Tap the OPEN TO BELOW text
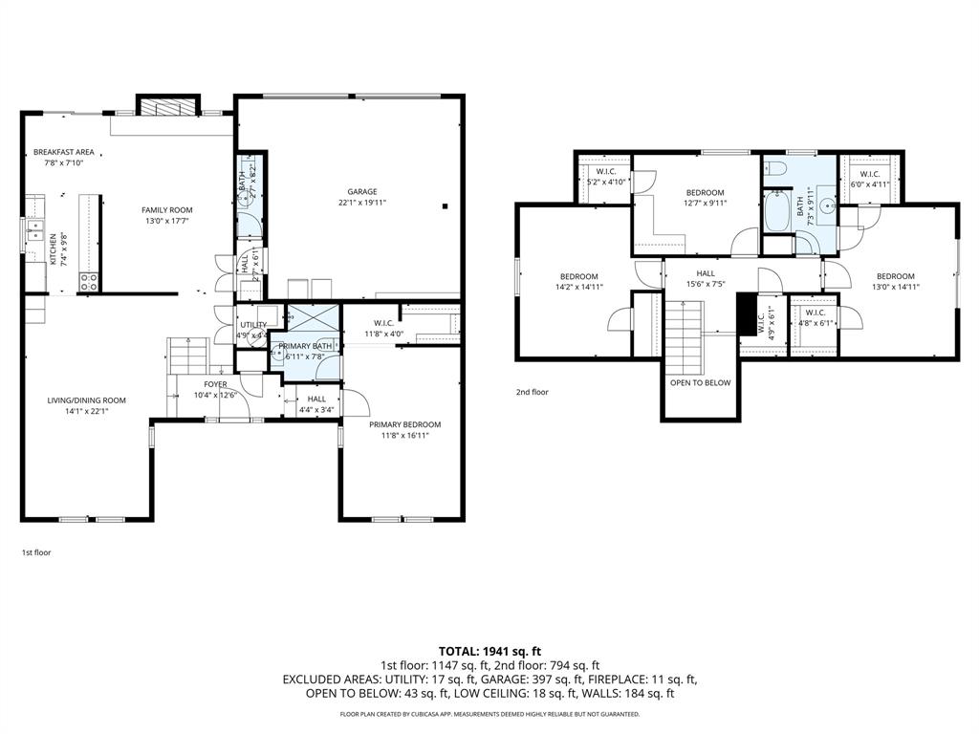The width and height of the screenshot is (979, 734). tap(701, 382)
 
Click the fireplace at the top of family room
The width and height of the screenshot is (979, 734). tap(168, 105)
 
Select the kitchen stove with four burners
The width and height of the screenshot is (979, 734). tap(90, 282)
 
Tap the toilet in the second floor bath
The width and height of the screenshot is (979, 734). tap(776, 170)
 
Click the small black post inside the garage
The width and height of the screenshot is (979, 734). tap(445, 205)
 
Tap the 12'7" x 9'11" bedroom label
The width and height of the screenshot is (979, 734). tap(705, 197)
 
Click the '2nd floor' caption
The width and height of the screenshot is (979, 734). tap(533, 392)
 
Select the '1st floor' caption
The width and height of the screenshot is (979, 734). tap(37, 552)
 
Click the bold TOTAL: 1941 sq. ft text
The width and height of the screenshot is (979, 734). tap(489, 650)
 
